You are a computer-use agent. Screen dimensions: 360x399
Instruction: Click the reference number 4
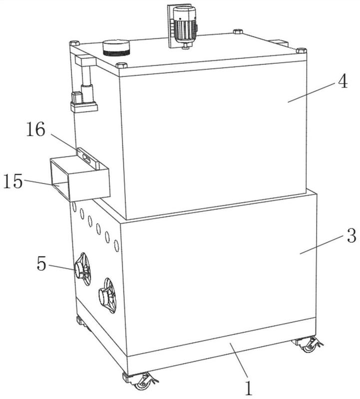click(343, 82)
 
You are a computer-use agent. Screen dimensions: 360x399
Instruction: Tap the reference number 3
click(352, 235)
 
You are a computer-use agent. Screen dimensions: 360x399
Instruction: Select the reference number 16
click(36, 129)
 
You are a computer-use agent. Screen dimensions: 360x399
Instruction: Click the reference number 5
click(42, 263)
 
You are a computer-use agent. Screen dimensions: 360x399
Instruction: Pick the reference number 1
click(249, 388)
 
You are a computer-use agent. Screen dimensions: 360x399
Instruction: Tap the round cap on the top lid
click(116, 47)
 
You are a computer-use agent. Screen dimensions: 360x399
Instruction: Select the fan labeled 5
click(83, 269)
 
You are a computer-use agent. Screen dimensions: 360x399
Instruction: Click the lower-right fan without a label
click(107, 295)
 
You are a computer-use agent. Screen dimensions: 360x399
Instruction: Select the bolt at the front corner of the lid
click(121, 65)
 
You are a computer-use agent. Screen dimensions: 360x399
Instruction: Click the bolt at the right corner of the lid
click(302, 50)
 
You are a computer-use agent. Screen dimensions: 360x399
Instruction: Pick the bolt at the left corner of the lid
click(75, 43)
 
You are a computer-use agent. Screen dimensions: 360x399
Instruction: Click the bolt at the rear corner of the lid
click(238, 31)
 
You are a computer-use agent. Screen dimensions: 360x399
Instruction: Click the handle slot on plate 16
click(86, 158)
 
